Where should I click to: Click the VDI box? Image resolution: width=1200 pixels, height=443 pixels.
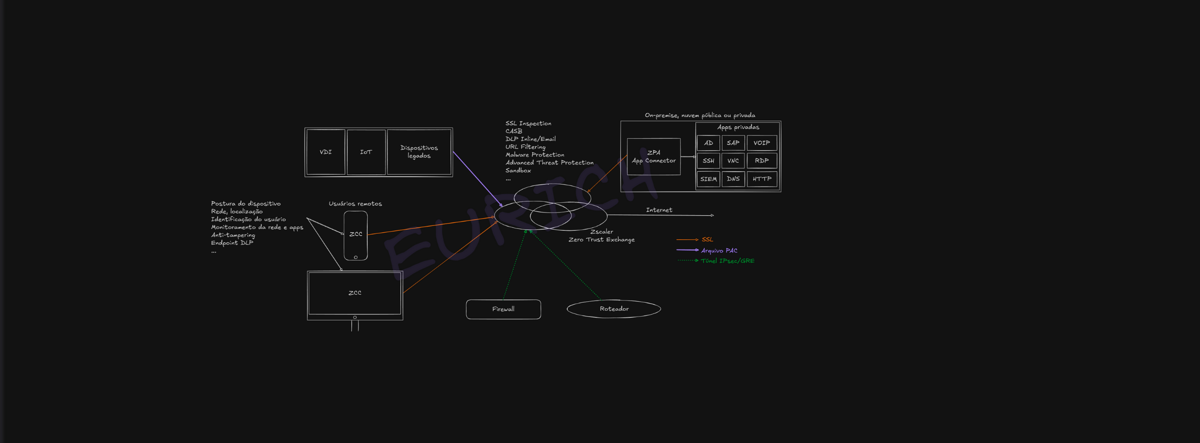point(326,152)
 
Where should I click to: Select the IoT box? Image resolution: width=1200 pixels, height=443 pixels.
point(366,152)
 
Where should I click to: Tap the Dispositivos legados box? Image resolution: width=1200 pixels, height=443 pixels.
point(419,152)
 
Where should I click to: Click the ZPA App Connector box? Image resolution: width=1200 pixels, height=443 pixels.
point(654,157)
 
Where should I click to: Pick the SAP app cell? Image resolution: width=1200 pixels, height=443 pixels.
point(733,143)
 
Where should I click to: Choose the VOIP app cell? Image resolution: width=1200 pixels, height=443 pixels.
point(762,143)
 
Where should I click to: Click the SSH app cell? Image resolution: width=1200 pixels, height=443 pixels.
point(708,161)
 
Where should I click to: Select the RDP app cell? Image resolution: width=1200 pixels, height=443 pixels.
point(762,161)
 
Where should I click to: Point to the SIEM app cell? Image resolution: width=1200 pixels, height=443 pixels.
point(708,179)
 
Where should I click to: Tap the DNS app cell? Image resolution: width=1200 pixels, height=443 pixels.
point(733,179)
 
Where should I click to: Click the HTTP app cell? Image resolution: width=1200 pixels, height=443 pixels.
point(762,179)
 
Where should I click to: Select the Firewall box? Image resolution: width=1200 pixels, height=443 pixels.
point(503,309)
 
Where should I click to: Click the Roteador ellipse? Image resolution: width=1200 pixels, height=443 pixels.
point(614,309)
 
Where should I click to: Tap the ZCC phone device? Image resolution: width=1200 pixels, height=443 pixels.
point(356,235)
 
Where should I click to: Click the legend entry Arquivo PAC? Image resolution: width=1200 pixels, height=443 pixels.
point(719,251)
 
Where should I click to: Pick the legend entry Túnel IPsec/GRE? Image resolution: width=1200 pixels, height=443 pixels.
point(727,261)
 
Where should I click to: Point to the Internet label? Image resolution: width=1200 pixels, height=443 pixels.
point(659,210)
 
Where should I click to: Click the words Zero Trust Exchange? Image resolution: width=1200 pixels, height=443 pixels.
point(601,240)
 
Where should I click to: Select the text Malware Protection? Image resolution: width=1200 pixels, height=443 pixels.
point(535,155)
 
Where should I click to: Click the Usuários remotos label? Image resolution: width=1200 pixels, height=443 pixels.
point(355,204)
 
